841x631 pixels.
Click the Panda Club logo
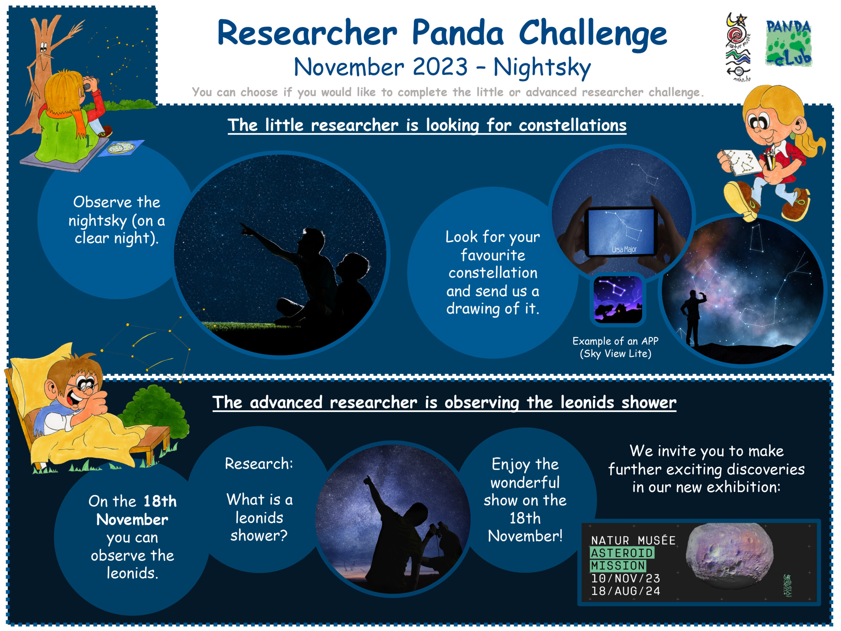coord(788,43)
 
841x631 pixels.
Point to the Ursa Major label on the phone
coord(624,249)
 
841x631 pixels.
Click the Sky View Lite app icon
coord(618,300)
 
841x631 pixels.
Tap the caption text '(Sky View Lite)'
coord(616,354)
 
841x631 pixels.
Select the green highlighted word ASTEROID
coord(622,553)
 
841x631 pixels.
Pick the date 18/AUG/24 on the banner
coord(625,591)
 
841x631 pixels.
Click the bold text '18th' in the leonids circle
coord(160,501)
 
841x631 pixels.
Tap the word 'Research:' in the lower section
coord(259,464)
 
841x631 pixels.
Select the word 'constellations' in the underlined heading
coord(573,125)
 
